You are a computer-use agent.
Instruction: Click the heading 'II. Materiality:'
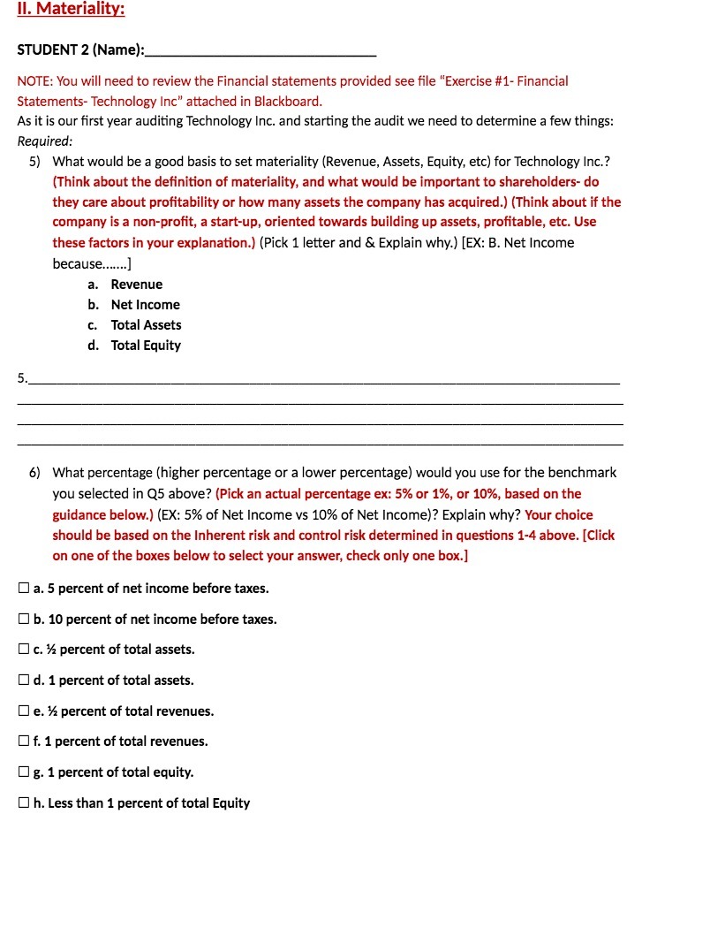[72, 10]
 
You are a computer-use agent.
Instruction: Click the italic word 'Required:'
[44, 141]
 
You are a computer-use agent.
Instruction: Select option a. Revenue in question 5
[136, 284]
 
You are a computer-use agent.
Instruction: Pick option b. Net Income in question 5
[145, 304]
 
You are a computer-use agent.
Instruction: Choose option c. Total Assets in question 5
[146, 324]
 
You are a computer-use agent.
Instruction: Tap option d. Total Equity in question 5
[146, 345]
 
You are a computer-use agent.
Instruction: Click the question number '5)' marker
[34, 161]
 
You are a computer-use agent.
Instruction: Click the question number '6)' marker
[34, 472]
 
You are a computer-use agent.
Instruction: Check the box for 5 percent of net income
[24, 589]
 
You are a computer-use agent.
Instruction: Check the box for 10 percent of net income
[24, 620]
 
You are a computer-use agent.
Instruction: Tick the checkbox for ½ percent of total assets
[24, 650]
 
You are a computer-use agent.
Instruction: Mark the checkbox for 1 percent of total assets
[24, 681]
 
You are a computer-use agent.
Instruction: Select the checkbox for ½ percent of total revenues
[24, 711]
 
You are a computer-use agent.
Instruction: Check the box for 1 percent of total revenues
[24, 742]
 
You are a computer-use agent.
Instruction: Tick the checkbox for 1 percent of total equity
[24, 772]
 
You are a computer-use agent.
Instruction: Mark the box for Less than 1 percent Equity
[24, 803]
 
